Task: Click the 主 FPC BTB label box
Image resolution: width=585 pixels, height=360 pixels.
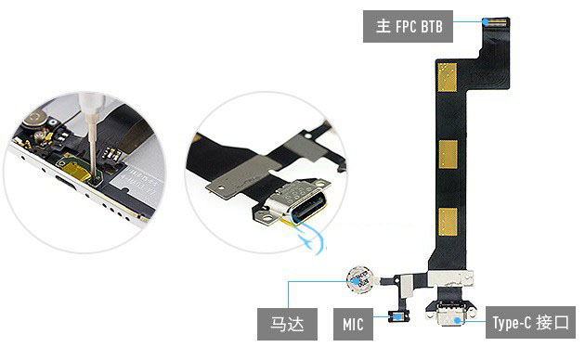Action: coord(408,27)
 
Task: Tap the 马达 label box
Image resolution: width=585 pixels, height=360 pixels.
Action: coord(287,324)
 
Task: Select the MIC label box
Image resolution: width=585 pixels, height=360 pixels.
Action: coord(353,324)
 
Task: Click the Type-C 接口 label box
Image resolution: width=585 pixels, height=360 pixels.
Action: coord(530,322)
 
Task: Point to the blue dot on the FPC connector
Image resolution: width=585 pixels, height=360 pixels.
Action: coord(485,21)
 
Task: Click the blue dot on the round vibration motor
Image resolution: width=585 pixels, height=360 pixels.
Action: coord(357,281)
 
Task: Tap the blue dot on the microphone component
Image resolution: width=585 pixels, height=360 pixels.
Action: coord(398,316)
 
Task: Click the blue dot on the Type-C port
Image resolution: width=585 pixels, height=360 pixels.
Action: coord(458,320)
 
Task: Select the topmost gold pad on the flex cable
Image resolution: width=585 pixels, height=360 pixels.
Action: coord(448,77)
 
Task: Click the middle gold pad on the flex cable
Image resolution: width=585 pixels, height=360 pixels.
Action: coord(448,155)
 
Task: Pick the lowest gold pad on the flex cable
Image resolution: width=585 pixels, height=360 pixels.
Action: coord(448,222)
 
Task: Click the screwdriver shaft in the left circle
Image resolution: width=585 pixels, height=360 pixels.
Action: coord(91,145)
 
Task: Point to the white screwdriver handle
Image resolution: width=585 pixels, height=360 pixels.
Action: coord(91,104)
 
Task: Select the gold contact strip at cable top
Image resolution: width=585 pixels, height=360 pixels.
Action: coord(496,22)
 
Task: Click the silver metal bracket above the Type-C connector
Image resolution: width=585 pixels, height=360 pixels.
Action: coord(450,278)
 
